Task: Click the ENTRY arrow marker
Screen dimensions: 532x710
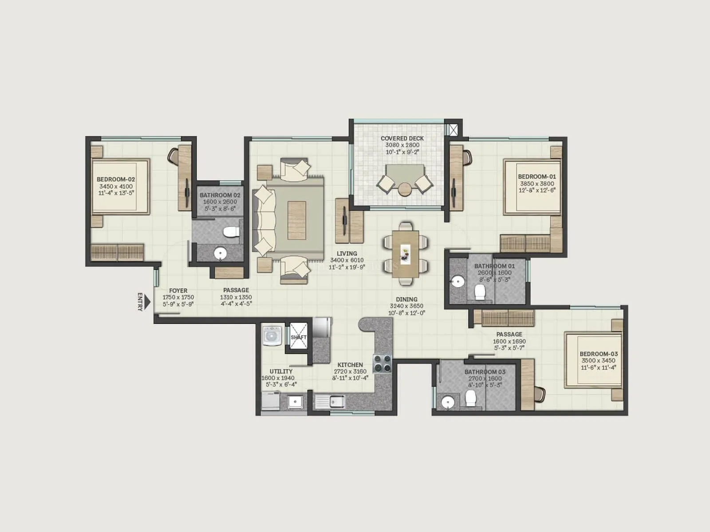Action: tap(147, 302)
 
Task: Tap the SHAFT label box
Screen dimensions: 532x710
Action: tap(298, 337)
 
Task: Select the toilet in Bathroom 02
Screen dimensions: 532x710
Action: tap(231, 231)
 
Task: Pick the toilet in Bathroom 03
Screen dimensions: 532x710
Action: tap(470, 399)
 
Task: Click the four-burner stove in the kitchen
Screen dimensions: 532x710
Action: tap(382, 363)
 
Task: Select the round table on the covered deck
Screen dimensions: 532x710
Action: tap(405, 189)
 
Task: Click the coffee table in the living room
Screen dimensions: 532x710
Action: tap(296, 220)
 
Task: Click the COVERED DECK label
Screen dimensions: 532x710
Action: tap(402, 138)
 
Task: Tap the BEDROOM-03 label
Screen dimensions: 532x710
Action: tap(598, 354)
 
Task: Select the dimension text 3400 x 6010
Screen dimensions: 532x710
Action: tap(347, 260)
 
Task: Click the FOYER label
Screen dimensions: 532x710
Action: tap(178, 291)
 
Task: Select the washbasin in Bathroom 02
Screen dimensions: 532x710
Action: tap(220, 253)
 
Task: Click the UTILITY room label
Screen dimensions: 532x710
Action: tap(281, 372)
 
